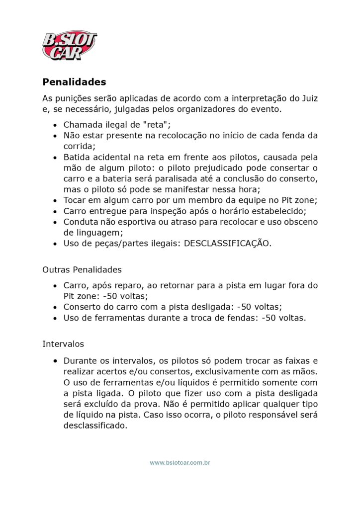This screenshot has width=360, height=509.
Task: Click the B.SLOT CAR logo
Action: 69,45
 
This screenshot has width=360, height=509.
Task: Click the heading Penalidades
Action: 74,82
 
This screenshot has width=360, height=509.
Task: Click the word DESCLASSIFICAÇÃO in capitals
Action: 227,244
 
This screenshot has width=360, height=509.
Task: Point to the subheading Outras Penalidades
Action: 82,270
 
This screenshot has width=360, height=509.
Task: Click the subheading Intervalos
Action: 63,343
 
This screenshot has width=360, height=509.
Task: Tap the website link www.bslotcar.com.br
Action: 180,463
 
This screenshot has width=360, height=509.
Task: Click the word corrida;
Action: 79,146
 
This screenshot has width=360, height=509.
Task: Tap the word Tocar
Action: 75,200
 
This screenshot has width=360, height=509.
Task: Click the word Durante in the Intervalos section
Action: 80,360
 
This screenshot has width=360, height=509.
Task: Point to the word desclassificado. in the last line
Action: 95,425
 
